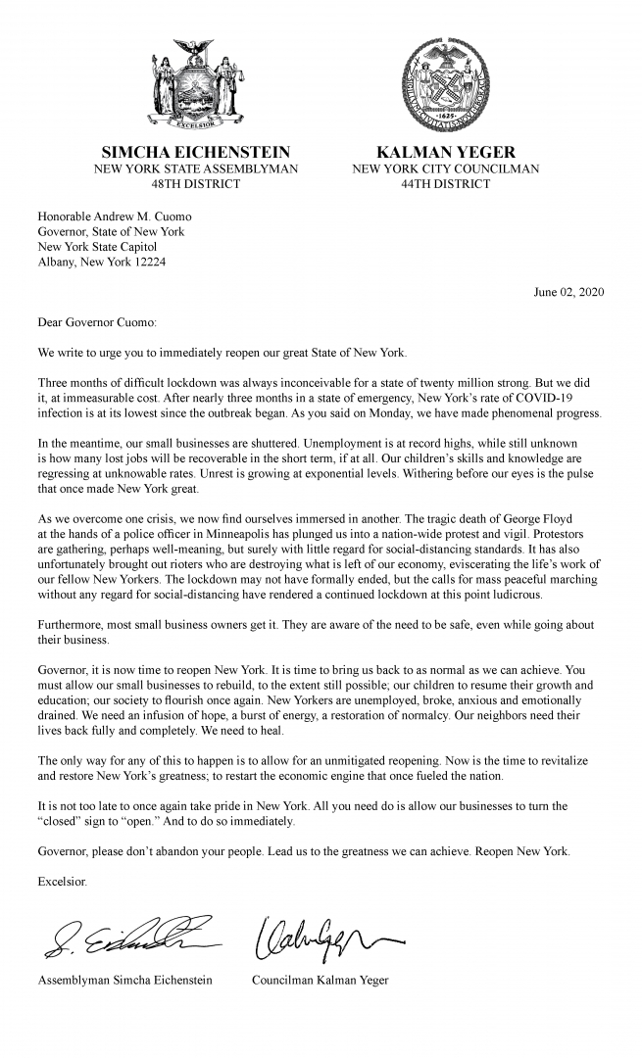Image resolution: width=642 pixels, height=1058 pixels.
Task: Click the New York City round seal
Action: (x=447, y=88)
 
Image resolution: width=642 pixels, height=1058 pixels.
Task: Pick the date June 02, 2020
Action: (x=568, y=292)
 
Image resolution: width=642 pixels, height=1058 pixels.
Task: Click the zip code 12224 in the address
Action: (x=143, y=263)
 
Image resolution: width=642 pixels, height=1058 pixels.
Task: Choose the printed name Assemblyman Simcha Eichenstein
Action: (x=124, y=981)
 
